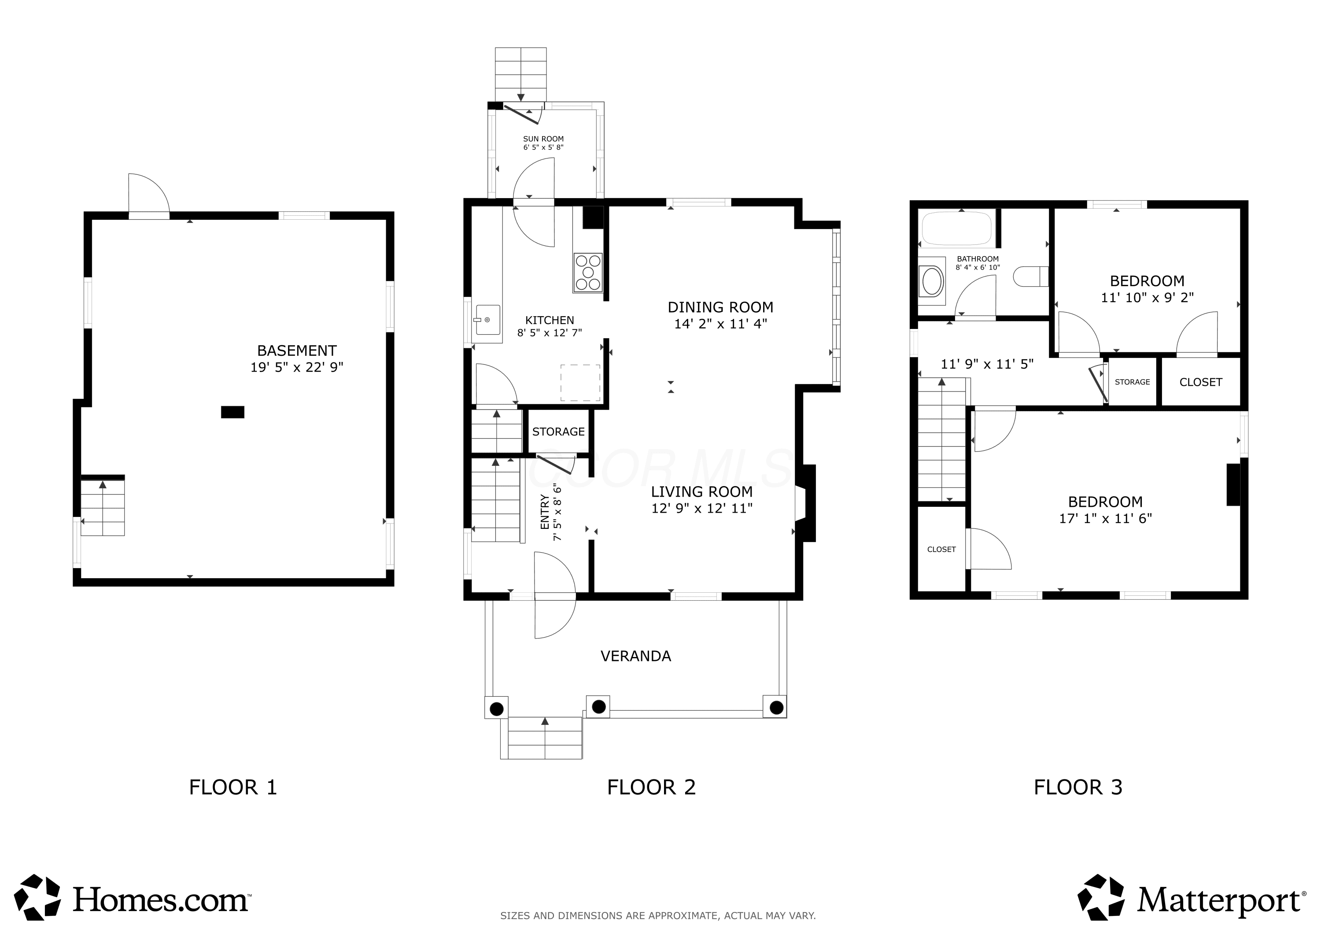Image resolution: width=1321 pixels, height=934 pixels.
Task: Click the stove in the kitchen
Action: pyautogui.click(x=588, y=273)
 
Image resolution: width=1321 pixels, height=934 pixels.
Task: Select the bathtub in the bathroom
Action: pyautogui.click(x=957, y=229)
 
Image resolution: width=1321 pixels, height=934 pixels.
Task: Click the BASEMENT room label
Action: pyautogui.click(x=297, y=351)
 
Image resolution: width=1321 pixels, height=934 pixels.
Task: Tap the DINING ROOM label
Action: pyautogui.click(x=720, y=307)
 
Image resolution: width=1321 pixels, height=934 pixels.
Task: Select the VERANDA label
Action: pyautogui.click(x=636, y=656)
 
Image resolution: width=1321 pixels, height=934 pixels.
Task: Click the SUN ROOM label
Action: pyautogui.click(x=543, y=139)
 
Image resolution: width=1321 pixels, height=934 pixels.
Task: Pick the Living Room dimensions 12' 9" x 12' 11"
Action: pyautogui.click(x=702, y=508)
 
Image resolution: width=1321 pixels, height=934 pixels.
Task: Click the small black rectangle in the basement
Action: pyautogui.click(x=233, y=412)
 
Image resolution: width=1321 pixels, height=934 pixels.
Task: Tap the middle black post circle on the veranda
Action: pyautogui.click(x=598, y=706)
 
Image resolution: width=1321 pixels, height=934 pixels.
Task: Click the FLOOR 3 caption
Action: pyautogui.click(x=1078, y=787)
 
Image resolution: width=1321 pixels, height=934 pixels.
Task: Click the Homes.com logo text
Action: pyautogui.click(x=161, y=900)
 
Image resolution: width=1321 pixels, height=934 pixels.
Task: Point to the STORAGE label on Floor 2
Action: pyautogui.click(x=558, y=432)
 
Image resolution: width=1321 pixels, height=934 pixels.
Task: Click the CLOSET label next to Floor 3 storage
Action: pyautogui.click(x=1201, y=382)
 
